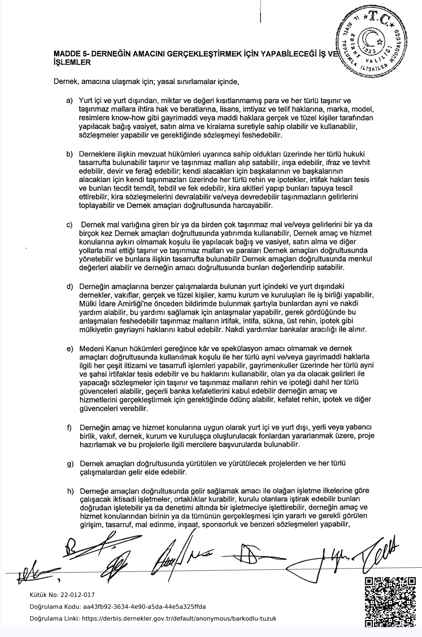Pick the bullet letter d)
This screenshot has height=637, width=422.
[69, 287]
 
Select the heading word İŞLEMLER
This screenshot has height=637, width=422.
[72, 63]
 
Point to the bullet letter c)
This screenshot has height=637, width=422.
[69, 225]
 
